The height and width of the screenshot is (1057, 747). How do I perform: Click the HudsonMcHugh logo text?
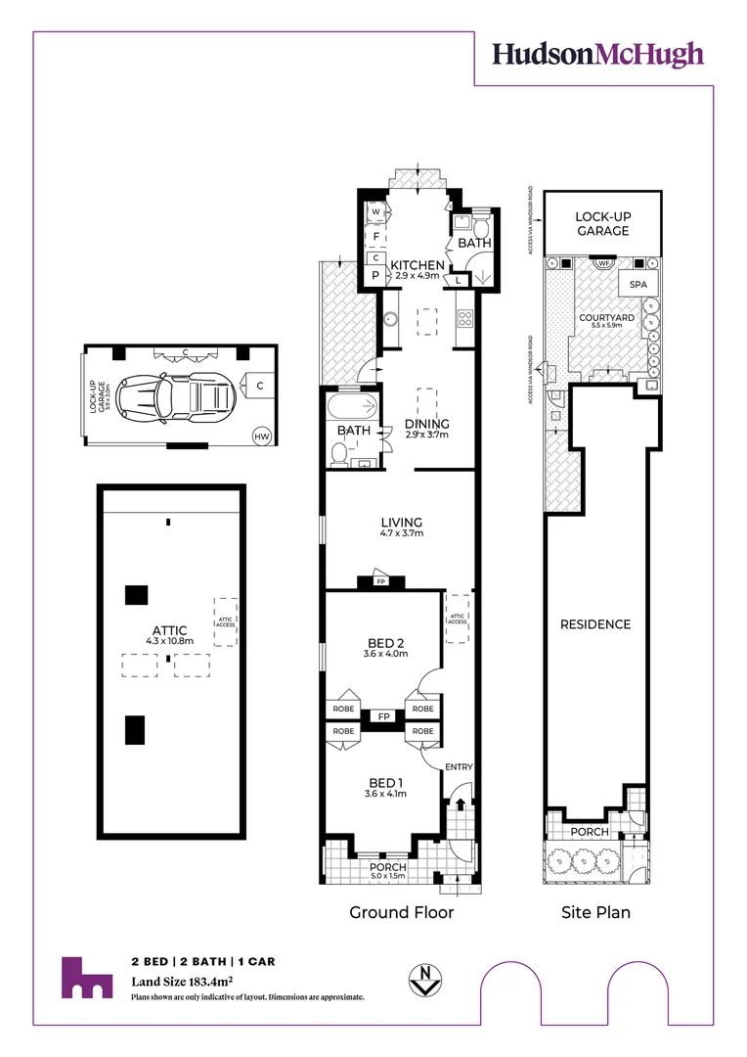coord(597,54)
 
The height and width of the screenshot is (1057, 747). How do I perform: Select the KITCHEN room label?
coord(417,265)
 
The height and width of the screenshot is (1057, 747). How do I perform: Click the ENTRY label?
coord(458,766)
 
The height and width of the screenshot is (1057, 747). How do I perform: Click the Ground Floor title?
coord(402,912)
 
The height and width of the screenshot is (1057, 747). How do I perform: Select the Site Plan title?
coord(594,912)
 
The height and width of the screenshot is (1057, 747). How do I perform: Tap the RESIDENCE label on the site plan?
coord(594,624)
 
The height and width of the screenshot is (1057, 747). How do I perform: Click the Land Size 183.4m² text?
coord(181,981)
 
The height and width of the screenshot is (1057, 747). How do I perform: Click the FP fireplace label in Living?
coord(380,582)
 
